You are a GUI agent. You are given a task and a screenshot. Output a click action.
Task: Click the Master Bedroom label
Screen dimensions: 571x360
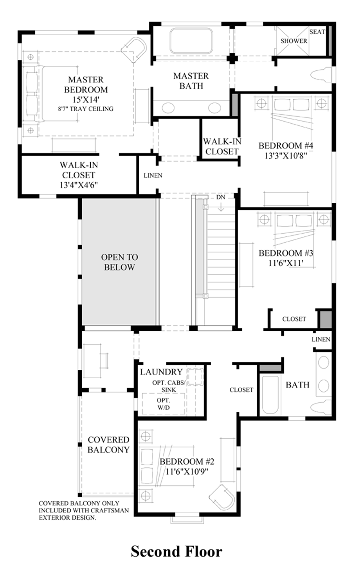pos(86,85)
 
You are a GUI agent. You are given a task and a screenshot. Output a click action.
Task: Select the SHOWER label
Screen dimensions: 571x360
pos(293,41)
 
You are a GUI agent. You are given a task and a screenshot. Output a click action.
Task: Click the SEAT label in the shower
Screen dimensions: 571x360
pos(317,32)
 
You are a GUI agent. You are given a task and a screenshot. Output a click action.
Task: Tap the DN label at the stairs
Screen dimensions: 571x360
pos(221,197)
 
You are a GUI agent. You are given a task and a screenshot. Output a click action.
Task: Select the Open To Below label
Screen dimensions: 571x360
pos(119,262)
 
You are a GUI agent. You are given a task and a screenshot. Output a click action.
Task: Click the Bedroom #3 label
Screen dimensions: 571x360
pos(286,253)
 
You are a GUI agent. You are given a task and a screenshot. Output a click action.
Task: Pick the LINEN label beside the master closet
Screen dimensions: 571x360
pos(153,175)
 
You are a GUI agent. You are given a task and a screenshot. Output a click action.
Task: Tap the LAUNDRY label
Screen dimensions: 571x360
pos(161,372)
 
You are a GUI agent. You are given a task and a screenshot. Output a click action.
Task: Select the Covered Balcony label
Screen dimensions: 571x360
pos(108,445)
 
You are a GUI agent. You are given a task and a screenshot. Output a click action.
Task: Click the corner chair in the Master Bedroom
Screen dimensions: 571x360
pos(134,50)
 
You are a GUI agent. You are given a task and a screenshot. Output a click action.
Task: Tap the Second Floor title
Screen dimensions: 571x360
pos(176,551)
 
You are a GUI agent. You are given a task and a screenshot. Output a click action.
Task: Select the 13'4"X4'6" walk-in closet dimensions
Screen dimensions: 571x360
pos(79,185)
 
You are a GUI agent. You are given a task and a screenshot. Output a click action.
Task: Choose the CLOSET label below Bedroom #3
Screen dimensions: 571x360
pos(294,319)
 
